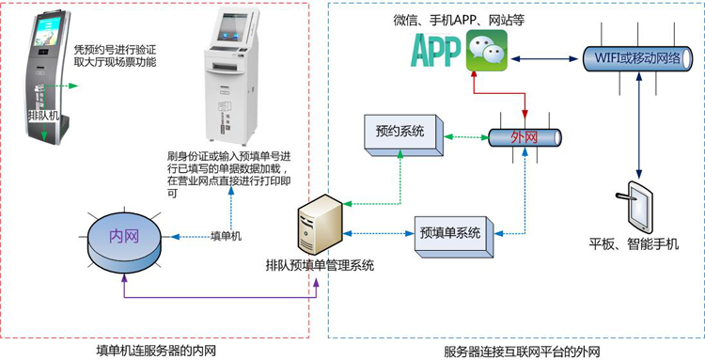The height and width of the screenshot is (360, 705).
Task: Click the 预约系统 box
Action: click(x=399, y=133)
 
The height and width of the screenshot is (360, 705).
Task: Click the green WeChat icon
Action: click(x=486, y=49)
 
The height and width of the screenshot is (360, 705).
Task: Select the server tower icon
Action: click(x=316, y=227)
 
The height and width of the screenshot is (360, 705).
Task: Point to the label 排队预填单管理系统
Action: click(x=320, y=265)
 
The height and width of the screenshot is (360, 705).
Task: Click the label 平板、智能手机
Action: click(x=634, y=246)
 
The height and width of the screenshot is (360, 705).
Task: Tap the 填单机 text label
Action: click(x=226, y=236)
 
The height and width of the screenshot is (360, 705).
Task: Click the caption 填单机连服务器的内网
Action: click(x=157, y=351)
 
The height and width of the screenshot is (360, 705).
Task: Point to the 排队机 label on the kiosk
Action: click(x=42, y=116)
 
